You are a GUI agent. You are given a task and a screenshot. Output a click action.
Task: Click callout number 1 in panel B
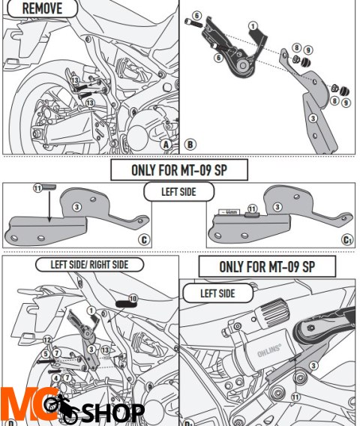click(253, 25)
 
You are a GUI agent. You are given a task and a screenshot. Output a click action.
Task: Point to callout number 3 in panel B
click(313, 118)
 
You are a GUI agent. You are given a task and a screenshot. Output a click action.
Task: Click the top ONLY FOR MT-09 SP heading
click(178, 170)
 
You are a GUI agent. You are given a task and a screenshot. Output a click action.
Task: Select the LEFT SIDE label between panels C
click(178, 193)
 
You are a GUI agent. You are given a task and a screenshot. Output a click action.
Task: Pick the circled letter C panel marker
click(144, 241)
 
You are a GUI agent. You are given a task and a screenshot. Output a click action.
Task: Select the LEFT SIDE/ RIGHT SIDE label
click(89, 265)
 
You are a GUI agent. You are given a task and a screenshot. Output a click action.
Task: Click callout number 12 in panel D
click(47, 340)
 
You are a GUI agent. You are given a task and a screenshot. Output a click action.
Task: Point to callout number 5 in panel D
click(46, 353)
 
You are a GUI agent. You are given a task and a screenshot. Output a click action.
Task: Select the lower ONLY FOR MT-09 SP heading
click(266, 266)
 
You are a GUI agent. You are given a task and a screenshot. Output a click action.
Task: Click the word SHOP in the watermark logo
click(112, 412)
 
